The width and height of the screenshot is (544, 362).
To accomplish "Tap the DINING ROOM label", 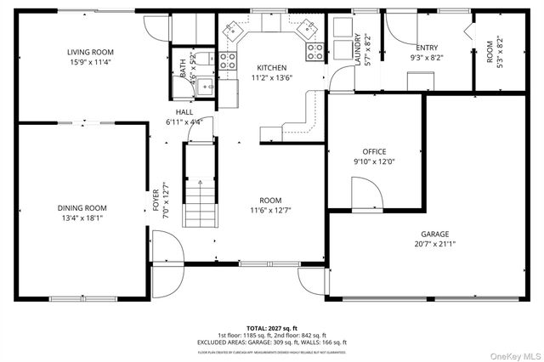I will pyautogui.click(x=82, y=208).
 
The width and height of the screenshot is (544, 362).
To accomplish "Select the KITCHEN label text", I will pyautogui.click(x=272, y=68).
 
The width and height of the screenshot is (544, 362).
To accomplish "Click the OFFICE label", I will pyautogui.click(x=374, y=151).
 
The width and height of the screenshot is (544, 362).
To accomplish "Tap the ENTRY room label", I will pyautogui.click(x=427, y=48).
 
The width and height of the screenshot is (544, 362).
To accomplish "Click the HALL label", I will pyautogui.click(x=184, y=112).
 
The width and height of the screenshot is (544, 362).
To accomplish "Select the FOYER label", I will pyautogui.click(x=156, y=199).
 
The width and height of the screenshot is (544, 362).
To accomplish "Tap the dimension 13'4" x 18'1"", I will pyautogui.click(x=82, y=218).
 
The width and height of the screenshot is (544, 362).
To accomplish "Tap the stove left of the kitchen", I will pyautogui.click(x=228, y=60).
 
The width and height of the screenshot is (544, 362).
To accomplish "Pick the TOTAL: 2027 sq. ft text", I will pyautogui.click(x=272, y=327).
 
